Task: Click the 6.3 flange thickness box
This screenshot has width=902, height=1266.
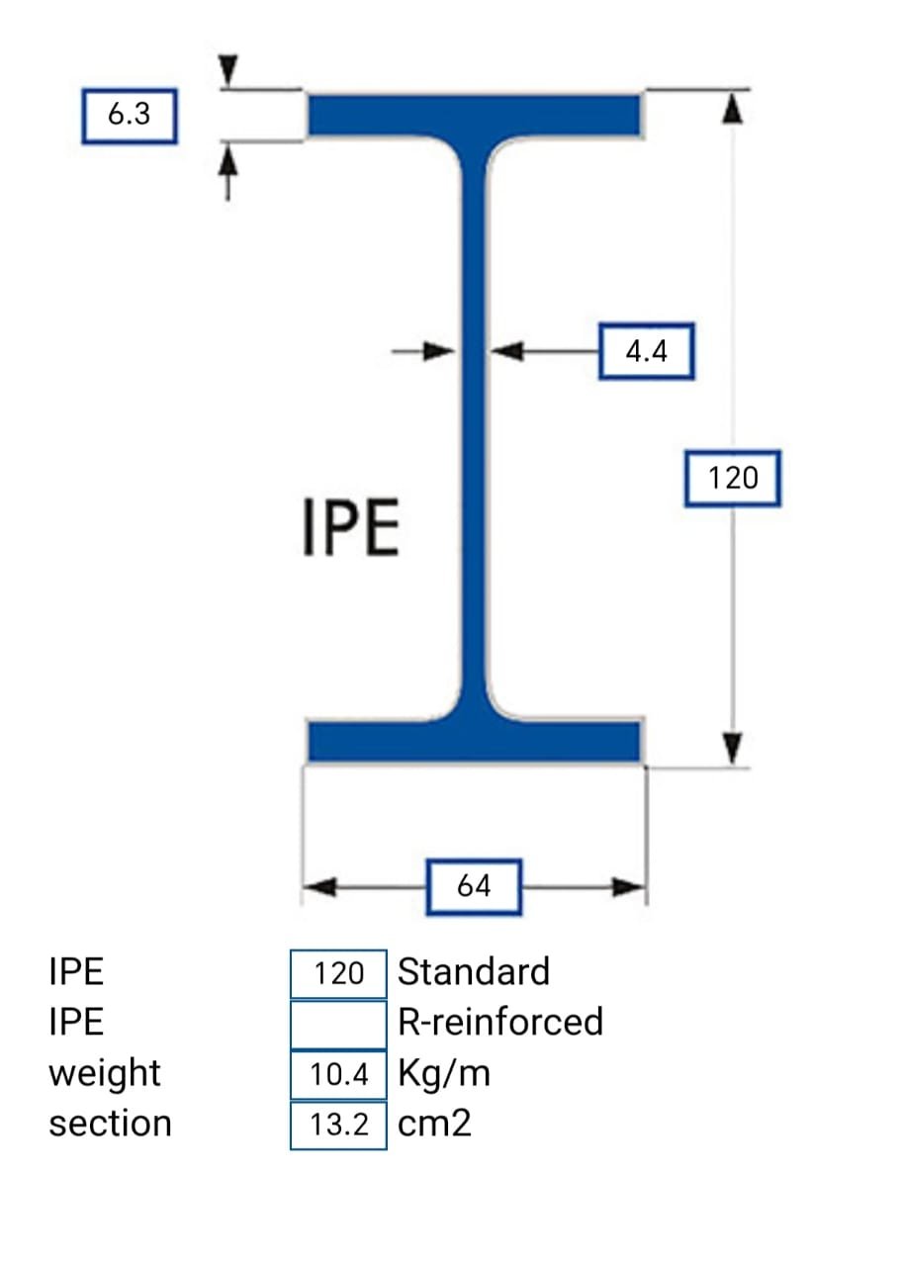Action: (129, 115)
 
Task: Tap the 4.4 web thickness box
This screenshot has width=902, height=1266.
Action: (647, 351)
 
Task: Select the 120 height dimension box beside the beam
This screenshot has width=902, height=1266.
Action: (733, 479)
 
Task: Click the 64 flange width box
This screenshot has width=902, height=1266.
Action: (475, 886)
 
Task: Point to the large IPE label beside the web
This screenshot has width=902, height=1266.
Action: (351, 529)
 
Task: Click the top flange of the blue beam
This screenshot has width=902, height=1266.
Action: (475, 115)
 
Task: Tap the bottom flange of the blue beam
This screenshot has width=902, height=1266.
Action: (475, 741)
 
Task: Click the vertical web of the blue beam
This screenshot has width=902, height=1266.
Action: (476, 425)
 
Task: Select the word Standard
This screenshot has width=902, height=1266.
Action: (473, 972)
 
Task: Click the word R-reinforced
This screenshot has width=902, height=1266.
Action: (499, 1022)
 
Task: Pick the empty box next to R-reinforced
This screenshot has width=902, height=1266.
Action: (338, 1024)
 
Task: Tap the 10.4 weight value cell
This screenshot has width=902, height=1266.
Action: (338, 1075)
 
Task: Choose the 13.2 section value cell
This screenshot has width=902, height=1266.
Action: (338, 1126)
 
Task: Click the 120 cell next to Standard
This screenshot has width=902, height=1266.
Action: (338, 973)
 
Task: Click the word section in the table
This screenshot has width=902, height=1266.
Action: (110, 1125)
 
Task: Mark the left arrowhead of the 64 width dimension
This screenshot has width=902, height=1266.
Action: (318, 886)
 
